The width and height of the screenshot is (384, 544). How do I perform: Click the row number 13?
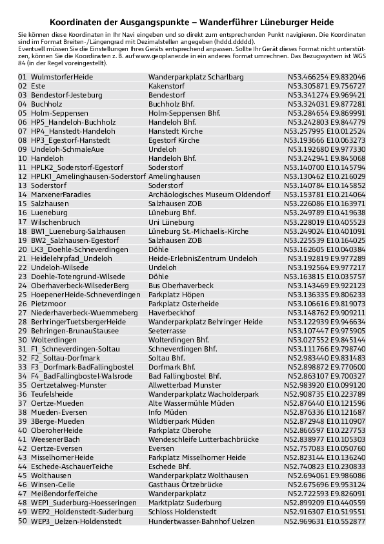point(23,185)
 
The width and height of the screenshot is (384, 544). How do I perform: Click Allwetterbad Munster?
point(185,384)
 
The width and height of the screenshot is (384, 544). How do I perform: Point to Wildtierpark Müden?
point(181,421)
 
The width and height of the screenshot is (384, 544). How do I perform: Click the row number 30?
point(23,339)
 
